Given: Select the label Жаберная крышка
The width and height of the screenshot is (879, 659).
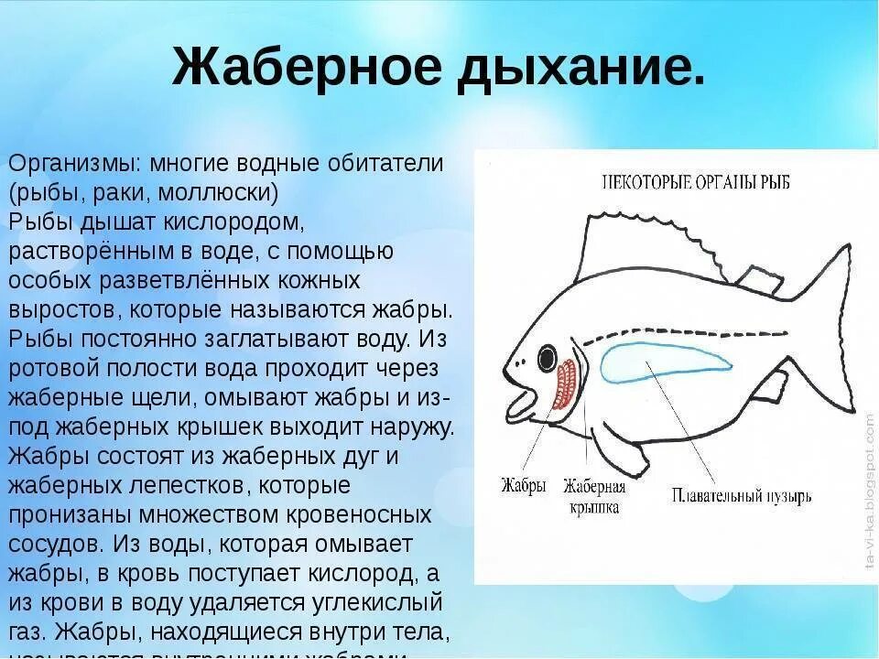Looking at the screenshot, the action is pos(594,495).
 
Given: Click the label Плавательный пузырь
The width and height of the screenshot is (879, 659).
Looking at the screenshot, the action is pos(741,498).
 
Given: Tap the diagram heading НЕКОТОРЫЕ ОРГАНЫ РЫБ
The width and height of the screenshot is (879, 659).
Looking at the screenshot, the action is pos(696,180).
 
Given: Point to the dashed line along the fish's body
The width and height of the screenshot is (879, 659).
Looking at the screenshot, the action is pos(696,334).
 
